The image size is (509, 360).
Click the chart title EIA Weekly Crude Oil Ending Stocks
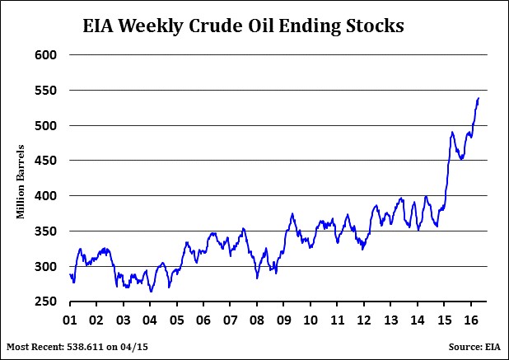(243, 26)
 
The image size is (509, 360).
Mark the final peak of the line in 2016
(479, 99)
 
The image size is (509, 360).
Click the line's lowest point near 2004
(151, 292)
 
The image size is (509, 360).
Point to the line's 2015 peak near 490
(452, 132)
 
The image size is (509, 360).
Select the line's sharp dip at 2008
(257, 278)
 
